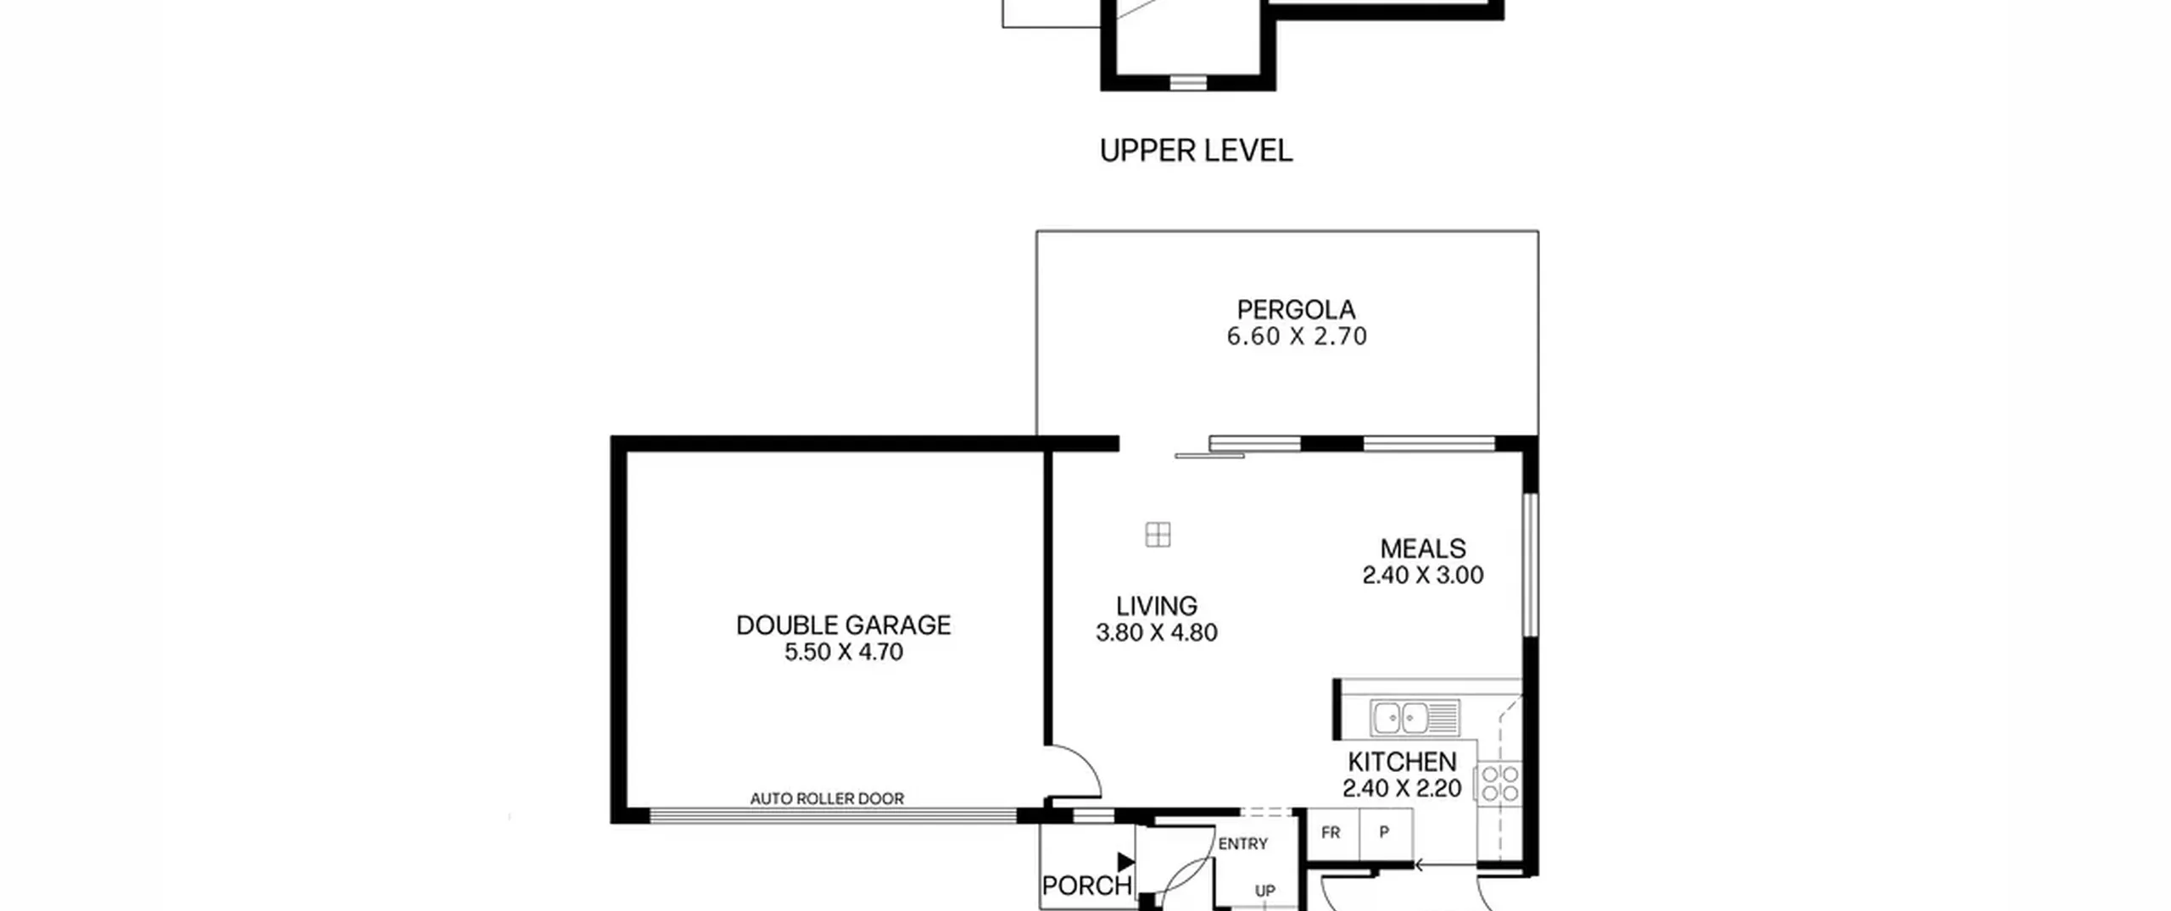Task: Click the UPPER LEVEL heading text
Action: pyautogui.click(x=1196, y=151)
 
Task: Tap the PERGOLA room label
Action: pyautogui.click(x=1296, y=309)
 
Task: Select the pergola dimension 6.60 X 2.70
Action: pyautogui.click(x=1297, y=336)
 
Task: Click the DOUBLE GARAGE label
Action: pyautogui.click(x=843, y=625)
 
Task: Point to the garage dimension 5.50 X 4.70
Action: pyautogui.click(x=844, y=652)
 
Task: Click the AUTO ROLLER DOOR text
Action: pyautogui.click(x=827, y=798)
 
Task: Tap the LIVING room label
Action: pyautogui.click(x=1157, y=606)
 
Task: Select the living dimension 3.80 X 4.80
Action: pyautogui.click(x=1157, y=632)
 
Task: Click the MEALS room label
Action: pyautogui.click(x=1423, y=548)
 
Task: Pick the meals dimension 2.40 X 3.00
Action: pyautogui.click(x=1423, y=575)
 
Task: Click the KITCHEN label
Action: pyautogui.click(x=1402, y=761)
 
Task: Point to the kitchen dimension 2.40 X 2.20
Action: pyautogui.click(x=1402, y=788)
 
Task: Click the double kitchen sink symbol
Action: pyautogui.click(x=1415, y=718)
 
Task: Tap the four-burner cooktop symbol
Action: pyautogui.click(x=1499, y=782)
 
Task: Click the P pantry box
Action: pyautogui.click(x=1386, y=834)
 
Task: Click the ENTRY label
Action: pyautogui.click(x=1243, y=844)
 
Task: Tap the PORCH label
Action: pyautogui.click(x=1087, y=886)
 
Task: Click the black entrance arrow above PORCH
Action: pyautogui.click(x=1125, y=862)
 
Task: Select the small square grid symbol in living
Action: pyautogui.click(x=1158, y=535)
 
